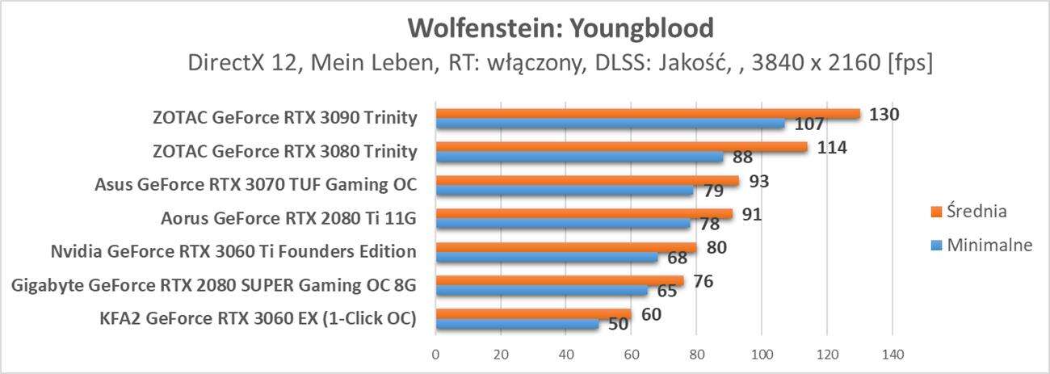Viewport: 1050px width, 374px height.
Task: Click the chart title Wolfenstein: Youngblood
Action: click(561, 28)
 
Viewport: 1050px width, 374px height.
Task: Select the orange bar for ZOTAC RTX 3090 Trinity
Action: click(646, 114)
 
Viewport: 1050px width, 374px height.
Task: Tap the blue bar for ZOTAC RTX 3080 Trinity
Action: click(579, 158)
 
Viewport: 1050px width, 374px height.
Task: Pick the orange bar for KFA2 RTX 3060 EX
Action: click(533, 314)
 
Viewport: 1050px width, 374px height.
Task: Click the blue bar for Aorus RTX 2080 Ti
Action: click(563, 224)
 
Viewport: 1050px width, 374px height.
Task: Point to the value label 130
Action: click(884, 114)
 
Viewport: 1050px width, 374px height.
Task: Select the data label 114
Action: click(831, 147)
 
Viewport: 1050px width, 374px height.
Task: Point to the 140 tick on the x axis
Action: click(892, 353)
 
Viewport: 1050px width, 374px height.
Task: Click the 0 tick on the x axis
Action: click(436, 353)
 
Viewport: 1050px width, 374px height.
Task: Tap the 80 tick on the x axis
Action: click(696, 353)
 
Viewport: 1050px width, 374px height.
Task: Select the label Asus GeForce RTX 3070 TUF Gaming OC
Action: click(255, 184)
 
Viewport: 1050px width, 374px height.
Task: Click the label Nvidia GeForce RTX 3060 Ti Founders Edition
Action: click(233, 251)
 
